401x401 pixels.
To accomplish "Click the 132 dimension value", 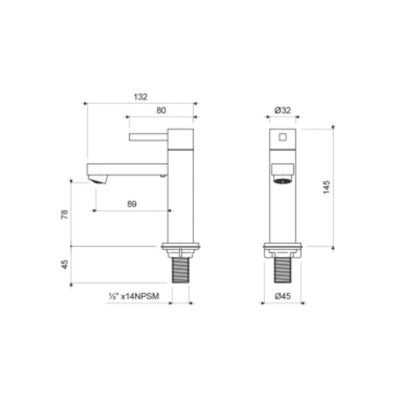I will (141, 97).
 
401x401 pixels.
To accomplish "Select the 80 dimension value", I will (161, 111).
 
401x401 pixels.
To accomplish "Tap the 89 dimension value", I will (132, 204).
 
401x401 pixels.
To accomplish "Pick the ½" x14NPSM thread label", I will (133, 297).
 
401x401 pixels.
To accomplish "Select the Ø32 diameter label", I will (283, 111).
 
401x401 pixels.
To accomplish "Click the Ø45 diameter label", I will (283, 297).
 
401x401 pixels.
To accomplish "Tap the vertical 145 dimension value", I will (327, 187).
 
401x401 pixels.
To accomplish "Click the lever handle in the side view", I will (148, 137).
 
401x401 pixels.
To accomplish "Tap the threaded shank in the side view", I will (180, 271).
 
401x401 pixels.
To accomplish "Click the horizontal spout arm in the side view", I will (127, 169).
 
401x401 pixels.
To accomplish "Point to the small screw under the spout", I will (162, 176).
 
